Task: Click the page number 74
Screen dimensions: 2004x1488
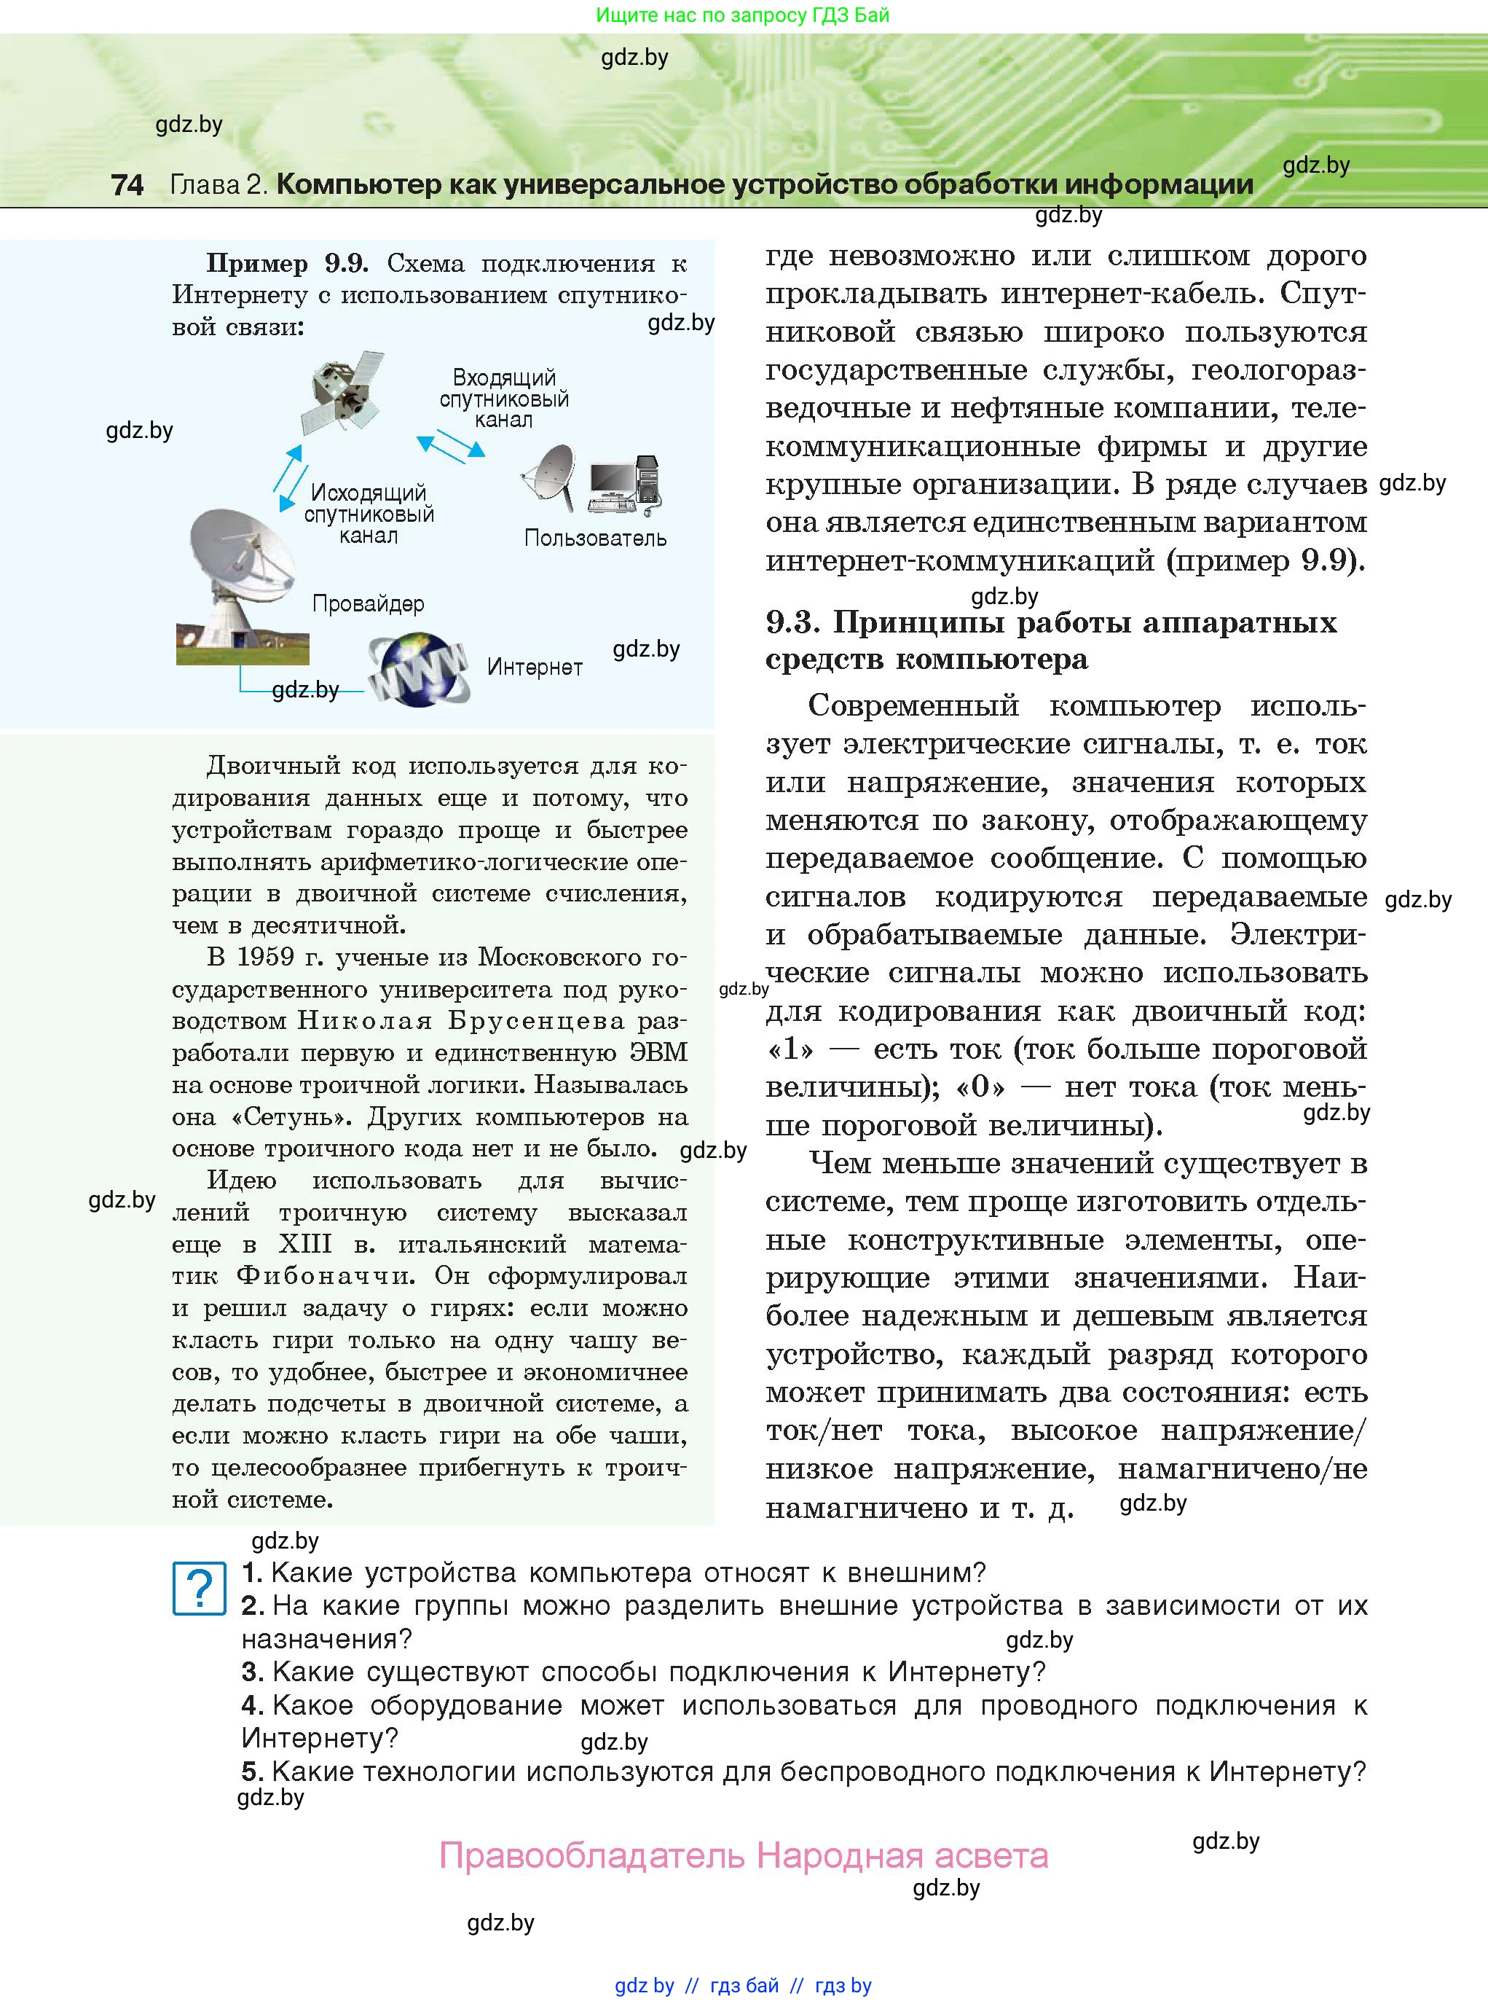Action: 127,184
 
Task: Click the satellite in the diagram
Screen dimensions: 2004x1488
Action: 343,393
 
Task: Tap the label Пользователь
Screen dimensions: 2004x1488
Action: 595,539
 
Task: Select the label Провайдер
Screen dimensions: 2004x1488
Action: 368,603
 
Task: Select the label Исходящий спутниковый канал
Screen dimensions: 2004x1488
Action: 369,514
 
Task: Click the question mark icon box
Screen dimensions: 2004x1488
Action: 199,1589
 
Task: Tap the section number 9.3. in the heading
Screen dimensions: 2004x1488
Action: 792,622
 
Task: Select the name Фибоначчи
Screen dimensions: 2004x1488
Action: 325,1276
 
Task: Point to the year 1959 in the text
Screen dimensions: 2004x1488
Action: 265,957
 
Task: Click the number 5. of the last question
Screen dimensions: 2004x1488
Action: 252,1772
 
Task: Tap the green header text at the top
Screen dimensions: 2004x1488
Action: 742,15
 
